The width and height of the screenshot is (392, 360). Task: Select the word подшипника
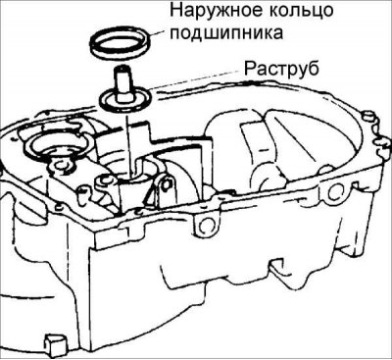226,32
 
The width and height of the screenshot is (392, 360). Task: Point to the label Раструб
281,69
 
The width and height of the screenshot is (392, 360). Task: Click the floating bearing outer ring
122,41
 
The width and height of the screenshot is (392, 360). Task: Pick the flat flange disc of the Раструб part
125,99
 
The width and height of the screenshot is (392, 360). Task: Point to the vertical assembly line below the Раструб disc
128,144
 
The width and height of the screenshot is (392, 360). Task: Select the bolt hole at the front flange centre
205,224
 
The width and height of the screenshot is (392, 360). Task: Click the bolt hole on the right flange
334,193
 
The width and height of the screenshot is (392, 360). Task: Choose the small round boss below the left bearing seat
61,165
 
